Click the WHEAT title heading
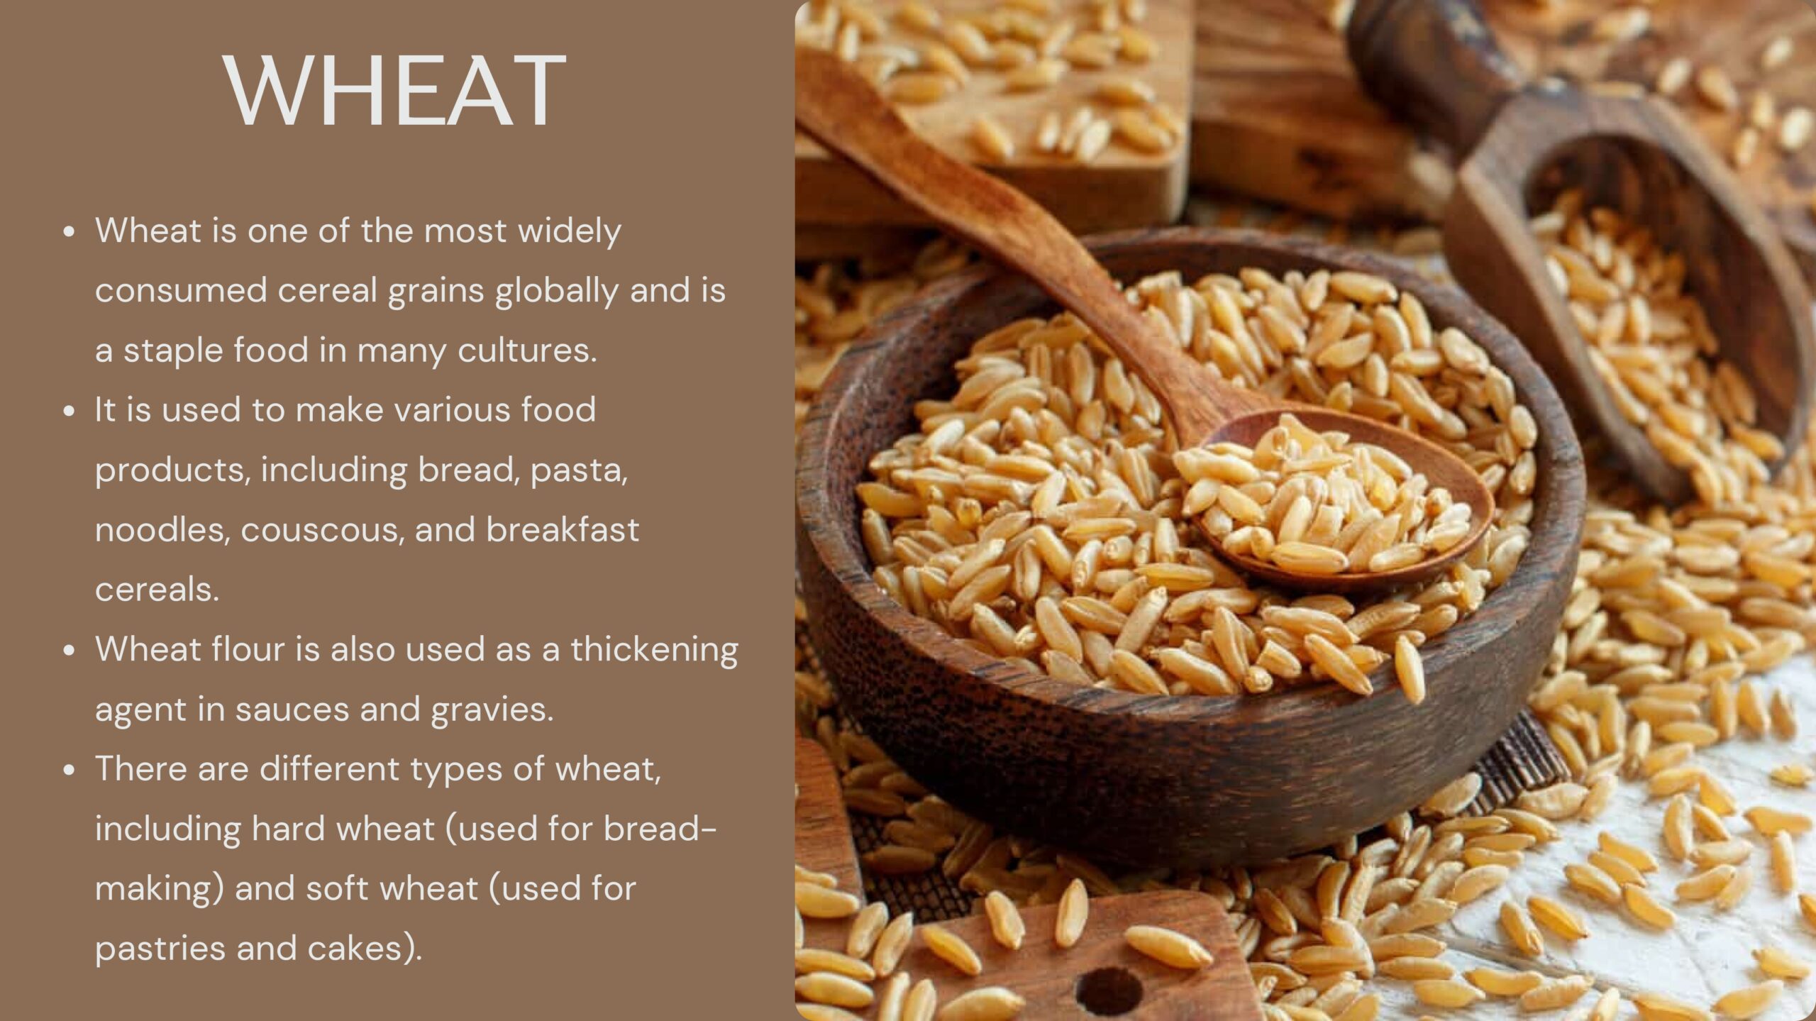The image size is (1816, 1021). (394, 90)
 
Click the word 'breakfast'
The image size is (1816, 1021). (563, 530)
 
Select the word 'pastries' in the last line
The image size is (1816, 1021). (160, 949)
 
